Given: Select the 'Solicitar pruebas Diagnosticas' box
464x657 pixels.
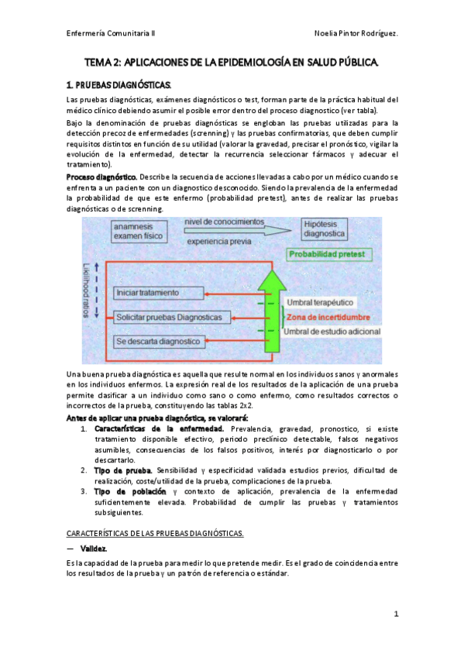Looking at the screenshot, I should point(169,317).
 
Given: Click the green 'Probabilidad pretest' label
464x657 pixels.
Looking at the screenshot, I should point(329,254).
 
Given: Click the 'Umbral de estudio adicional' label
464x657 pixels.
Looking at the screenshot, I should point(332,332).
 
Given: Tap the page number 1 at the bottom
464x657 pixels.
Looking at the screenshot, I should point(395,614).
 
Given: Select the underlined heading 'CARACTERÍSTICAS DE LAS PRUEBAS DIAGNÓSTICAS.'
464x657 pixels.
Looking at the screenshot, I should point(155,533).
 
